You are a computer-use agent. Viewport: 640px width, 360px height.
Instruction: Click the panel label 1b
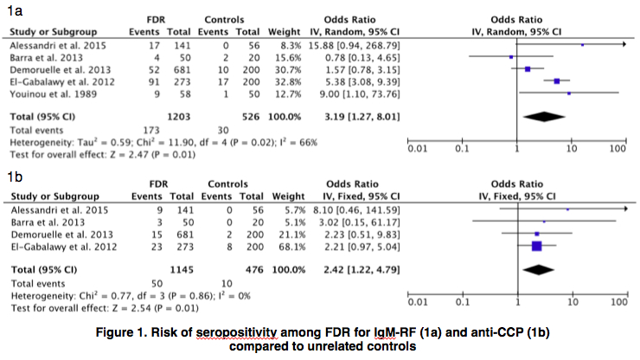(14, 177)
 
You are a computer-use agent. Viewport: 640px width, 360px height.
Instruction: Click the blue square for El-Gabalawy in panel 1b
(536, 247)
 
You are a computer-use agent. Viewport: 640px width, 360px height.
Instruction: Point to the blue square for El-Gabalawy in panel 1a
(557, 80)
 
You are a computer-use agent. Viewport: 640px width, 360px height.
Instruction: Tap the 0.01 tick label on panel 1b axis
(419, 303)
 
